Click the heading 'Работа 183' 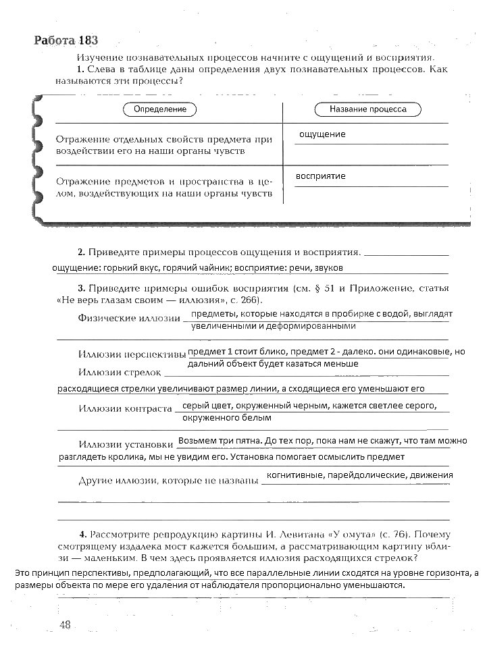(70, 40)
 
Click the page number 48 (65, 625)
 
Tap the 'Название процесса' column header (368, 109)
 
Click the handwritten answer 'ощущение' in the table (322, 134)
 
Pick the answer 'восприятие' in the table (321, 176)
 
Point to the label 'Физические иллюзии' (129, 317)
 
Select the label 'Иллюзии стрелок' (120, 372)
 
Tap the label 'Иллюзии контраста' (125, 408)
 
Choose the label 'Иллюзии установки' (126, 444)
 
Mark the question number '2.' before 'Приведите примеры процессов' (81, 252)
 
